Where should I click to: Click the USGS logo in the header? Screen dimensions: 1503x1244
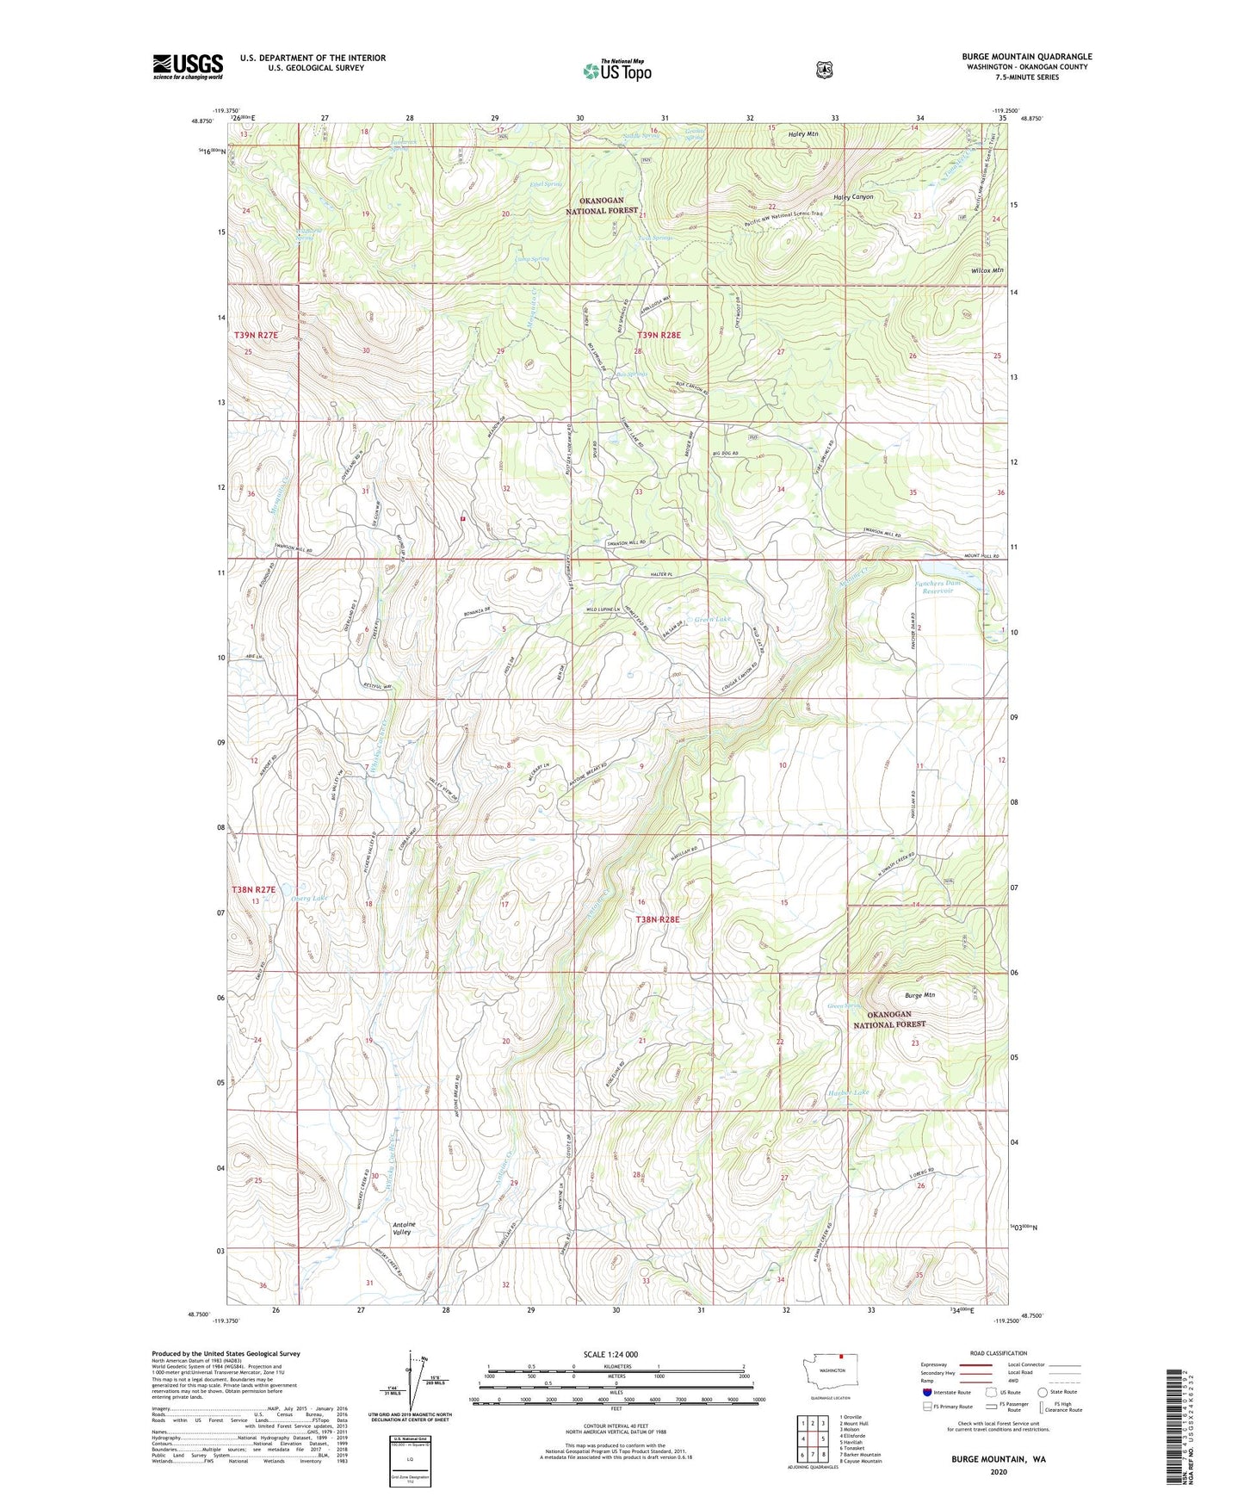(188, 66)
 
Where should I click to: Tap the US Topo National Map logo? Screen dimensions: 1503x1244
(616, 71)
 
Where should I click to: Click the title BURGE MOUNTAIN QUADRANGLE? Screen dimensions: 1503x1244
(1026, 57)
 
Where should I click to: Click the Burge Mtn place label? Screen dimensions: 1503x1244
(919, 995)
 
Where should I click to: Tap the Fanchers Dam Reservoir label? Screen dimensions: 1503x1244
(938, 587)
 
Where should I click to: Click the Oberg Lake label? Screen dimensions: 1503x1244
(309, 898)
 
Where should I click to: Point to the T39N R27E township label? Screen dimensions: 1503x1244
(256, 334)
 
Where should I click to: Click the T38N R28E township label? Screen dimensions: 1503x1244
(657, 919)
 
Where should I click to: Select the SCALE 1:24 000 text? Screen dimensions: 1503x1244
(610, 1354)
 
